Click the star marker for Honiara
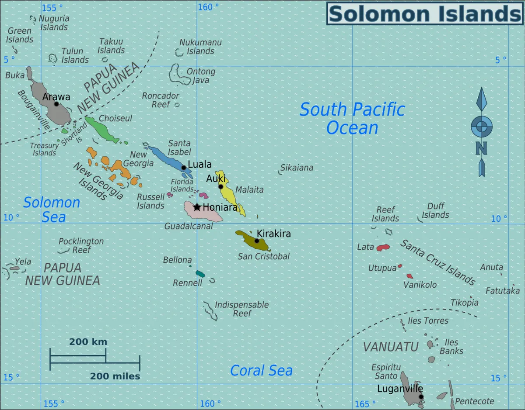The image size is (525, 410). (197, 207)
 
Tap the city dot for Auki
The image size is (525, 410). (221, 187)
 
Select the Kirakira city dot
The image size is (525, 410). (257, 240)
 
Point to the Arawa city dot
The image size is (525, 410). (56, 104)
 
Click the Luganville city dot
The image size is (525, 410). (421, 397)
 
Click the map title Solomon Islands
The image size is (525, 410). (425, 14)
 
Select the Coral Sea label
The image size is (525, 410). (261, 371)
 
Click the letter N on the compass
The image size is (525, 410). (481, 148)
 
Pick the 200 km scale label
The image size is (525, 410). (88, 342)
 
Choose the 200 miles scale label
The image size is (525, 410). (115, 376)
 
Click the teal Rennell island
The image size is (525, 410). (200, 274)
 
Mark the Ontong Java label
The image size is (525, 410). (201, 75)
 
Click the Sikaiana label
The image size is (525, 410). (297, 168)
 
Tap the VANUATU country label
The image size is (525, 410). (391, 346)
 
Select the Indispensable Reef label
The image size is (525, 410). (241, 309)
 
